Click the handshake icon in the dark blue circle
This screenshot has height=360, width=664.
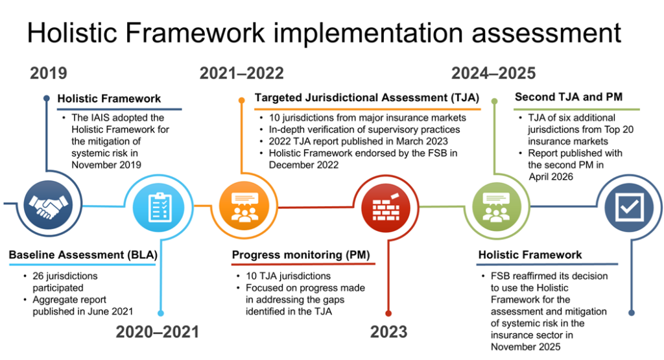48,204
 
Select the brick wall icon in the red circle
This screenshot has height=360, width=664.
386,207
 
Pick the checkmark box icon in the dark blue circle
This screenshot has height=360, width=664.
629,207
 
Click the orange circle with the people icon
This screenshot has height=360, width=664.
244,206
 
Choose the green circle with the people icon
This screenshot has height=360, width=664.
497,207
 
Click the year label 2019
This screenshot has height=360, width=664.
48,73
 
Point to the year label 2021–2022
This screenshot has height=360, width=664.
241,73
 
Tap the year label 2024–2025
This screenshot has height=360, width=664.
493,73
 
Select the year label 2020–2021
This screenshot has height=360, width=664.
158,331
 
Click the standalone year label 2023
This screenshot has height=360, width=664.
389,331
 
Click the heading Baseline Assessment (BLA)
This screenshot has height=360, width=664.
83,255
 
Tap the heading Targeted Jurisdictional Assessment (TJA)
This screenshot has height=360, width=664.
367,98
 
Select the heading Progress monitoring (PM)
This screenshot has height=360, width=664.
301,255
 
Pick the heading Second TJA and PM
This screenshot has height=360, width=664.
568,97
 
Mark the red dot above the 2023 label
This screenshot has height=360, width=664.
388,313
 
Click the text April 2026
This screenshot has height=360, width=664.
551,176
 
